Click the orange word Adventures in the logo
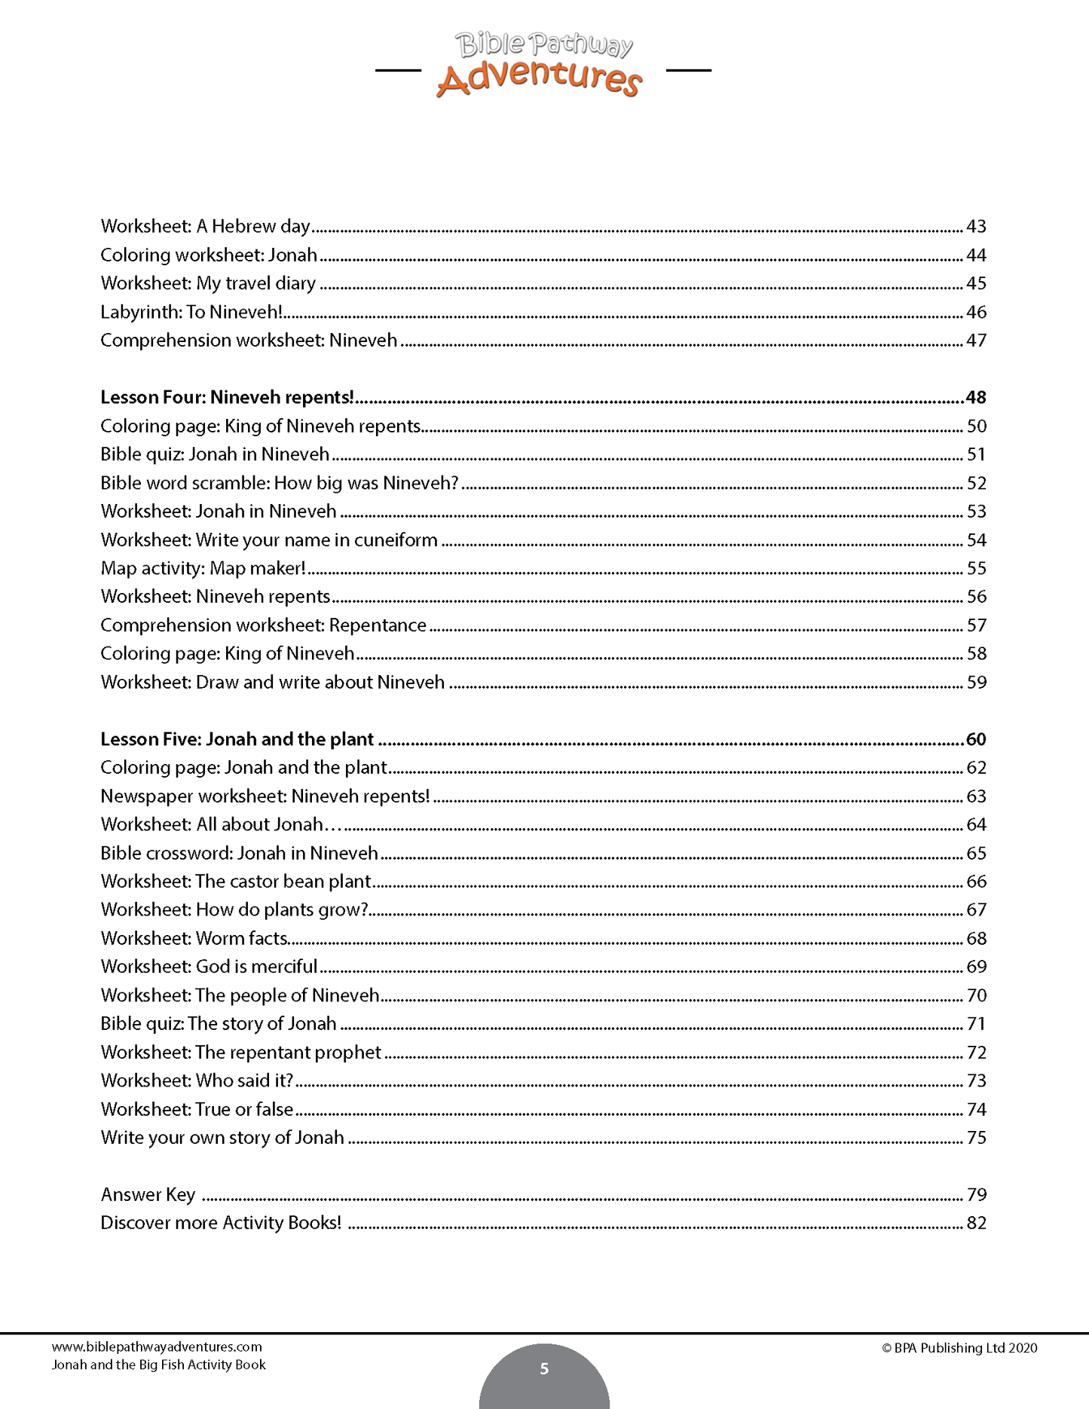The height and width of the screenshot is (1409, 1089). coord(539,79)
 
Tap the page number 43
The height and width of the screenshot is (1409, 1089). coord(976,227)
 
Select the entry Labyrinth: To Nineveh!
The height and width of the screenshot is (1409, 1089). coord(191,312)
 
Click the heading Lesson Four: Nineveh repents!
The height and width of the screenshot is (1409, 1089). coord(227,397)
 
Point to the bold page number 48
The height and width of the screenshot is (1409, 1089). coord(976,397)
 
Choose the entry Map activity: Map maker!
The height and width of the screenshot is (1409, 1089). coord(203,568)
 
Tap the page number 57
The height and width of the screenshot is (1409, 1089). coord(976,625)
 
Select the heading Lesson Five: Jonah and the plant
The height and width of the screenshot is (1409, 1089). coord(237,739)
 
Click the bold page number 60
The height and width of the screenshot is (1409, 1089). coord(976,739)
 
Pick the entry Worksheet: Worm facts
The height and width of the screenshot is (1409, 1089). coord(194,939)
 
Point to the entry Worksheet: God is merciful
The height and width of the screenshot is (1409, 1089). coord(209,967)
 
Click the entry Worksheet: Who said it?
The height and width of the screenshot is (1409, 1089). coord(197,1080)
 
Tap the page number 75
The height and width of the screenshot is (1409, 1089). coord(976,1138)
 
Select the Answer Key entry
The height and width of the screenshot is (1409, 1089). coord(148,1195)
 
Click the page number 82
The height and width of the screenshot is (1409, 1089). coord(976,1223)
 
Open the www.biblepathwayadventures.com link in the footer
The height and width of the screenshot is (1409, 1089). coord(157,1346)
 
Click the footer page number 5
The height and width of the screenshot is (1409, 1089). coord(544,1368)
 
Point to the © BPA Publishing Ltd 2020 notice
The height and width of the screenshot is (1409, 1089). coord(959,1348)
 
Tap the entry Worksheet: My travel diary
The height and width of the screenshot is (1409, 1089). coord(208,284)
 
